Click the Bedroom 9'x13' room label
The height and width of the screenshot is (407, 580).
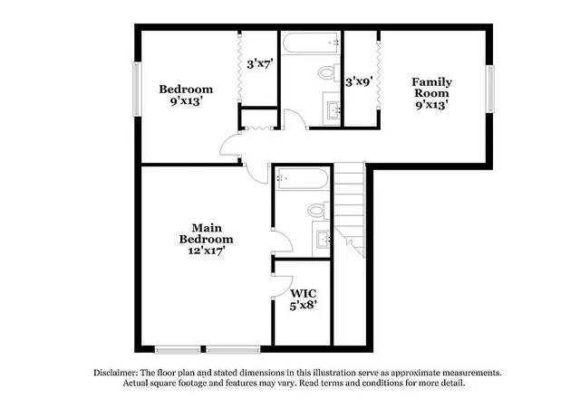pyautogui.click(x=186, y=95)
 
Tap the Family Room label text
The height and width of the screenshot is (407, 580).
pyautogui.click(x=431, y=87)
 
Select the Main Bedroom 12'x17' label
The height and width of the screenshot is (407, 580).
pyautogui.click(x=206, y=239)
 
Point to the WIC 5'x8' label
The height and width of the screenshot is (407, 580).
pyautogui.click(x=304, y=299)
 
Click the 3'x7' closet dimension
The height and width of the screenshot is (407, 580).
pyautogui.click(x=260, y=64)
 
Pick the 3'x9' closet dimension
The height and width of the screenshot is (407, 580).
pyautogui.click(x=359, y=80)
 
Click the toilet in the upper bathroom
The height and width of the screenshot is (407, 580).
pyautogui.click(x=329, y=72)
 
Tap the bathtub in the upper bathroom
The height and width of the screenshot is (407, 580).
pyautogui.click(x=310, y=43)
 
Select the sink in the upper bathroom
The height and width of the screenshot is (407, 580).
pyautogui.click(x=332, y=109)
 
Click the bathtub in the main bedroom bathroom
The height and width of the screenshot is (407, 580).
pyautogui.click(x=303, y=179)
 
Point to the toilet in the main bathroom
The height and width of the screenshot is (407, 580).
pyautogui.click(x=319, y=211)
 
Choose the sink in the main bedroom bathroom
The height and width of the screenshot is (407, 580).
pyautogui.click(x=322, y=239)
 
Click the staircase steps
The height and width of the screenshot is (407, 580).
pyautogui.click(x=350, y=210)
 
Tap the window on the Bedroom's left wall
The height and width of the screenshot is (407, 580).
pyautogui.click(x=137, y=89)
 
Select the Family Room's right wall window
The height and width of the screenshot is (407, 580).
pyautogui.click(x=489, y=89)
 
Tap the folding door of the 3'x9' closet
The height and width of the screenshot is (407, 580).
pyautogui.click(x=378, y=74)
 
